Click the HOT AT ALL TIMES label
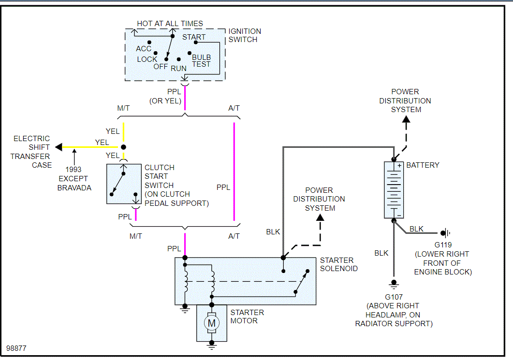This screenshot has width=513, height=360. [x=170, y=23]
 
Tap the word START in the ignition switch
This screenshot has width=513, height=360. [x=193, y=37]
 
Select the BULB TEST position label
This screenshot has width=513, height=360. [x=201, y=61]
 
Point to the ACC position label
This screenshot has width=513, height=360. [x=144, y=49]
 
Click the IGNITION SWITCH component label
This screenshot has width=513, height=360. [x=245, y=35]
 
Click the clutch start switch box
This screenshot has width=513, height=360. [x=123, y=184]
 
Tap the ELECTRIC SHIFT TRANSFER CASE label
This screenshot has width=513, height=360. [x=31, y=152]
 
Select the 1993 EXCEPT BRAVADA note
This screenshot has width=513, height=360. [x=74, y=179]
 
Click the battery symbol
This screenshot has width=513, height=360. [x=394, y=189]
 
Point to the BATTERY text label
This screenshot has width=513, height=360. [x=423, y=165]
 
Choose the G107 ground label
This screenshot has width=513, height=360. [x=394, y=296]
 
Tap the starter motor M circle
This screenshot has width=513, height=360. [x=211, y=322]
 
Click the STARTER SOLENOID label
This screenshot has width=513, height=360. [x=338, y=264]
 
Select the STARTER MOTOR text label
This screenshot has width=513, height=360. [x=247, y=317]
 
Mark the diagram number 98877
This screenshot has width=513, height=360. [x=16, y=348]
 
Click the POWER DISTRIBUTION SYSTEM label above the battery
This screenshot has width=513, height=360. [x=405, y=101]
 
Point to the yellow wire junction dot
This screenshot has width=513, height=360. [x=123, y=147]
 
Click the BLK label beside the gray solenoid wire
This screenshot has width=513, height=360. [x=273, y=232]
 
